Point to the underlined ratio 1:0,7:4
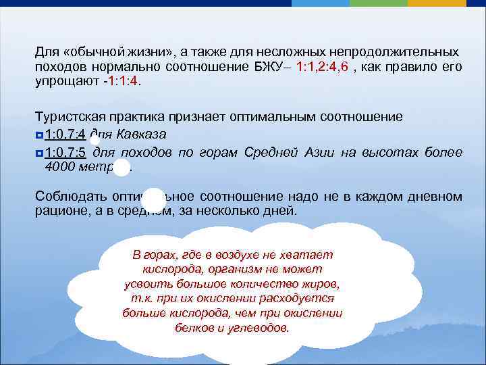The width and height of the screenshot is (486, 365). tap(65, 133)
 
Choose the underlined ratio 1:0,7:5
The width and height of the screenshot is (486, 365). tap(65, 151)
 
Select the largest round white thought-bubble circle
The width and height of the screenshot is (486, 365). tap(154, 200)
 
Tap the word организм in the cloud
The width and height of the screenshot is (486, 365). tap(215, 269)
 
